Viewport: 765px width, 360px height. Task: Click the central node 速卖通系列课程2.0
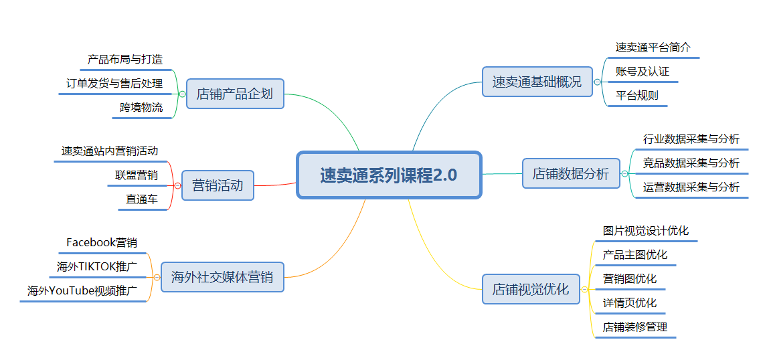tap(389, 175)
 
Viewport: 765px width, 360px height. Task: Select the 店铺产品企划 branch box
tap(235, 94)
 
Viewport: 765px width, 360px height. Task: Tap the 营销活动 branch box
tap(218, 185)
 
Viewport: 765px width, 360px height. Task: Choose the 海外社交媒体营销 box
tap(222, 277)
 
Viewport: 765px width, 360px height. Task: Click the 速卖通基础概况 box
tap(537, 82)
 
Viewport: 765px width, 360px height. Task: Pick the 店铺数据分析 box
tap(571, 173)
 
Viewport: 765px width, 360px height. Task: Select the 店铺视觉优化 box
tap(531, 289)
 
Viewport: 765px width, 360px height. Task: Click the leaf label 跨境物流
tap(141, 108)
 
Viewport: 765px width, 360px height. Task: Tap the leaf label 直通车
tap(141, 199)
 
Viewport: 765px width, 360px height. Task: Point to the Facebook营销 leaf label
tap(102, 242)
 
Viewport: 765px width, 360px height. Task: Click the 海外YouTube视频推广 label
tap(82, 291)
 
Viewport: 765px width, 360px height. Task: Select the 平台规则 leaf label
tap(637, 95)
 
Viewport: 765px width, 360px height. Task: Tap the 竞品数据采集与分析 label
tap(691, 163)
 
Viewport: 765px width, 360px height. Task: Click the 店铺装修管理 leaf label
tap(634, 327)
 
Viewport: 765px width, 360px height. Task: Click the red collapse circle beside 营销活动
tap(177, 186)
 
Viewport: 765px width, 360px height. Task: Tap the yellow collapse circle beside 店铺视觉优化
tap(584, 289)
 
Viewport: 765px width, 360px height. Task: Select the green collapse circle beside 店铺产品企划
tap(183, 94)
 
